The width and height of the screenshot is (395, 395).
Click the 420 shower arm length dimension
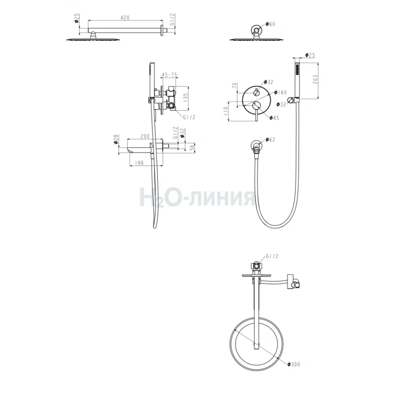(125, 18)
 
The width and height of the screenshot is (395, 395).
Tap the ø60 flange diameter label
(271, 24)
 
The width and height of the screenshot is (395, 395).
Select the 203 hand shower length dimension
(315, 79)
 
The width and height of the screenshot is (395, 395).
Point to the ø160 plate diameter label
(280, 92)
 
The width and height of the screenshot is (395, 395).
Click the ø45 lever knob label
(274, 118)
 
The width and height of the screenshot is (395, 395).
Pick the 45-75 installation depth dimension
(169, 75)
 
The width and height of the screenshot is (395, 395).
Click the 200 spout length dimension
(145, 136)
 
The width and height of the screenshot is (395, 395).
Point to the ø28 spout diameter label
(116, 139)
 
